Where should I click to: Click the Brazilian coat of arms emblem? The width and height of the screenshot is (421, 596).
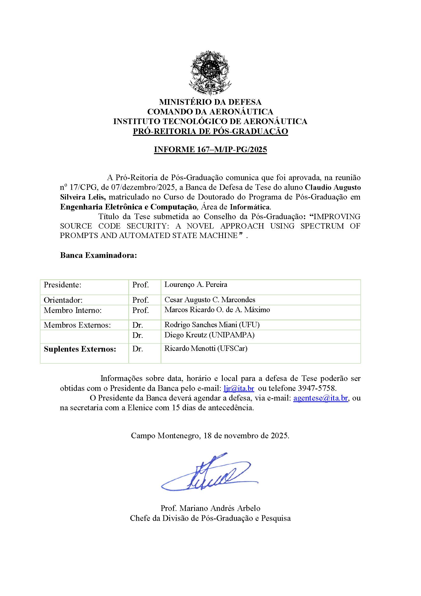[x=210, y=73]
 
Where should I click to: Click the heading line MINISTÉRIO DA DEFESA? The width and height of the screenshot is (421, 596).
[x=210, y=102]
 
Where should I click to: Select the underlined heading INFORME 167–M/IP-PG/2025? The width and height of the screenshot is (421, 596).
[x=210, y=150]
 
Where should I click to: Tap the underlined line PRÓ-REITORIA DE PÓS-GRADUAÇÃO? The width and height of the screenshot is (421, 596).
[x=210, y=131]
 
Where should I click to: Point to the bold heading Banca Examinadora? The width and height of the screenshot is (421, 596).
[x=98, y=255]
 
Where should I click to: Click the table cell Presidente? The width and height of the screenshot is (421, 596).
[x=62, y=285]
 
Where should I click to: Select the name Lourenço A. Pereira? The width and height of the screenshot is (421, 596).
[x=196, y=285]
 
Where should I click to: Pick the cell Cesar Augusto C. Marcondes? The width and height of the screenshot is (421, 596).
[x=210, y=300]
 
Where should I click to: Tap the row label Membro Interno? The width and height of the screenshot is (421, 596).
[x=73, y=310]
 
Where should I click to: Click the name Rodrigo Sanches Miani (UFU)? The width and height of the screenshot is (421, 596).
[x=212, y=324]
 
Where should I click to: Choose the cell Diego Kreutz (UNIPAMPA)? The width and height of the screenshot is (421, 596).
[x=209, y=335]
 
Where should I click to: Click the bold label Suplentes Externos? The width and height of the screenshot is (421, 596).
[x=80, y=349]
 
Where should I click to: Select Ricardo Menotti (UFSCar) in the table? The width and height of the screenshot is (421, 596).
[x=206, y=348]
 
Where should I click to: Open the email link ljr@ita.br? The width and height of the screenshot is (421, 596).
[x=238, y=388]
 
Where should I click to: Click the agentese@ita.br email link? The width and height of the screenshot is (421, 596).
[x=320, y=398]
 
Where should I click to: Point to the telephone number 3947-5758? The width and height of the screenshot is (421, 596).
[x=317, y=388]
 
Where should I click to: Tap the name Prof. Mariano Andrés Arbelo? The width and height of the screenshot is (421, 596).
[x=210, y=508]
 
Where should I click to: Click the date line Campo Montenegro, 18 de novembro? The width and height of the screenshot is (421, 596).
[x=210, y=435]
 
